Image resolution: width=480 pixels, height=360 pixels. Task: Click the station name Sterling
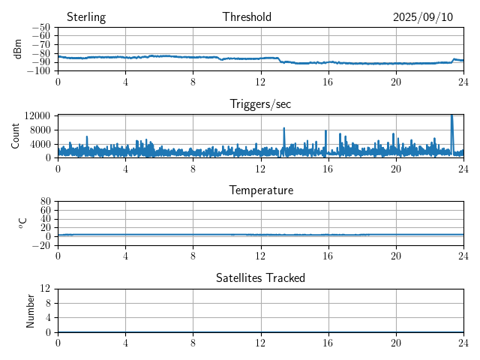pos(85,17)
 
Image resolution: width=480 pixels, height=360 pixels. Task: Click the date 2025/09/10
pos(423,17)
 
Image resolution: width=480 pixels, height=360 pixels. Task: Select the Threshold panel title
pos(247,17)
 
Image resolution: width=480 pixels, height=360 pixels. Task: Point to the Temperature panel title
pos(260,190)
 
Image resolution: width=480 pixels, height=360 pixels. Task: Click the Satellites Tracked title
pos(260,277)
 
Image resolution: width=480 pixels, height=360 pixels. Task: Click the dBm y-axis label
pos(18,49)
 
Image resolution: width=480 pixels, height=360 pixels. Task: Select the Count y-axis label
pos(15,136)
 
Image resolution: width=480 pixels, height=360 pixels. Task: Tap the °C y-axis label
pos(22,223)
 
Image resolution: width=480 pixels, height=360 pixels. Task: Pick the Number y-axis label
pos(31,310)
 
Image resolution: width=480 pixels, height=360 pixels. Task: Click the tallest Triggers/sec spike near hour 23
pos(451,116)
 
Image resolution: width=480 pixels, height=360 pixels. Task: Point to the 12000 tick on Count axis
pos(37,115)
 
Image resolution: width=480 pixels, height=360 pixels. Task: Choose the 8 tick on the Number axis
pos(47,303)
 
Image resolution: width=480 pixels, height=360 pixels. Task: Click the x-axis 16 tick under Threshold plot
pos(328,81)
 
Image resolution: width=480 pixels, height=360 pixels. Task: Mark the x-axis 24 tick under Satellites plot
pos(463,342)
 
